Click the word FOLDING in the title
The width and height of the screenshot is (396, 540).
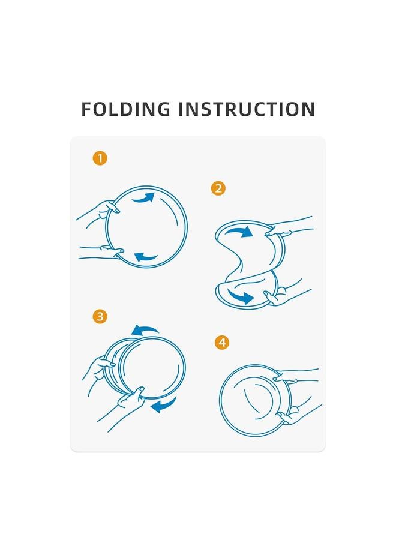tap(125, 109)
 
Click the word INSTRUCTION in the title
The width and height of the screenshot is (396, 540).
tap(247, 109)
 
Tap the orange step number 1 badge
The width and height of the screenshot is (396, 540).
tap(100, 158)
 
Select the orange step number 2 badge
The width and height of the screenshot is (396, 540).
tap(218, 188)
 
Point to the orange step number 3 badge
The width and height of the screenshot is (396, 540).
tap(100, 316)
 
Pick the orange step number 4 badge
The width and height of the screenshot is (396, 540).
tap(222, 343)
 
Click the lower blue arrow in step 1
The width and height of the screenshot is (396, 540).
tap(145, 257)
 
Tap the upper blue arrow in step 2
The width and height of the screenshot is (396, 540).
tap(239, 232)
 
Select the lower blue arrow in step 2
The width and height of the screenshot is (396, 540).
tap(241, 296)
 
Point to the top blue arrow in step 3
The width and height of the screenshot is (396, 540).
tap(145, 330)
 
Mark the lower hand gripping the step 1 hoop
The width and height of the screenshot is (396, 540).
tap(101, 252)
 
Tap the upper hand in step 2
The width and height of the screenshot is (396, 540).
tap(289, 227)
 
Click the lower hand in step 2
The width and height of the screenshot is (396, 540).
tap(286, 295)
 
